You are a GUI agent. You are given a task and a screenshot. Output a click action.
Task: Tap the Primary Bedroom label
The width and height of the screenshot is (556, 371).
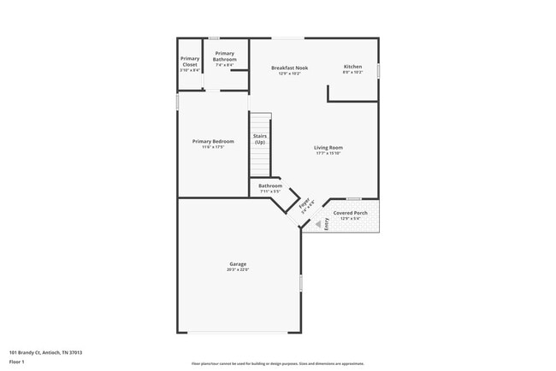213,141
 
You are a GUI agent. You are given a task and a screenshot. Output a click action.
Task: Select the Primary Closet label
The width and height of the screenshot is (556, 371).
190,61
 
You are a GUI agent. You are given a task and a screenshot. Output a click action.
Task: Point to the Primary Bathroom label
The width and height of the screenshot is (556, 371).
225,56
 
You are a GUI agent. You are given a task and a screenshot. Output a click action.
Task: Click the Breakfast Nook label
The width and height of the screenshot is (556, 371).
289,68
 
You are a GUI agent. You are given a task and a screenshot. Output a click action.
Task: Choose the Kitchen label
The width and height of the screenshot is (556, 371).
353,67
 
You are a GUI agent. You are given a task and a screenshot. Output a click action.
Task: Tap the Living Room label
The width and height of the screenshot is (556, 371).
328,148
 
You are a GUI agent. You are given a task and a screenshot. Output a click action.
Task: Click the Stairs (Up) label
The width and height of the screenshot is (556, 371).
259,138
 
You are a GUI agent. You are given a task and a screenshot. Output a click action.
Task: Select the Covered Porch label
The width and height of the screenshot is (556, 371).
352,213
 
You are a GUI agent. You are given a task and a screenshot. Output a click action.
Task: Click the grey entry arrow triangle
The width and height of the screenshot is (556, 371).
318,224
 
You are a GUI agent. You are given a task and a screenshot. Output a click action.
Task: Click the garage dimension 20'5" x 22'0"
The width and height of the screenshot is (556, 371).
238,270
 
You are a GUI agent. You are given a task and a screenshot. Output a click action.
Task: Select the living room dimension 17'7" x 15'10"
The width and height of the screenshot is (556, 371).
328,154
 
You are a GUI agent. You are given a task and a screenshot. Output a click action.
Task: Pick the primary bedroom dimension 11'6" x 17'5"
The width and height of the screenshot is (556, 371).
213,147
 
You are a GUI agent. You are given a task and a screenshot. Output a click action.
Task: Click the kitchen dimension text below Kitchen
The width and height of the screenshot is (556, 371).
353,73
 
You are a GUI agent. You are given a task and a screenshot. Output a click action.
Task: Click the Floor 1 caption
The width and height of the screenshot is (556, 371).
17,362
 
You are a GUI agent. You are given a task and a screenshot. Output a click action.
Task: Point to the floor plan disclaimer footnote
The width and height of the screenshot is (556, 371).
277,363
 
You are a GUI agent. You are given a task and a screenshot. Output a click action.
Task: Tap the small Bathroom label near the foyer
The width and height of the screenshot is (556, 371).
270,185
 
